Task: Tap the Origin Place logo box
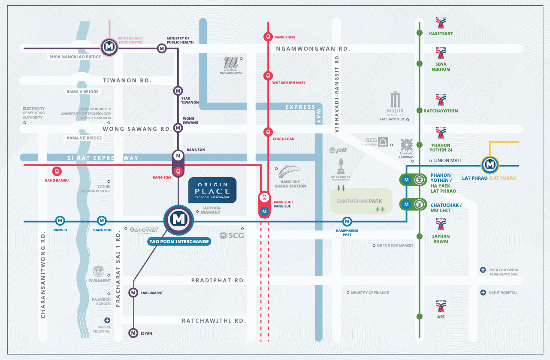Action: pos(212,190)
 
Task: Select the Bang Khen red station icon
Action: pos(268,37)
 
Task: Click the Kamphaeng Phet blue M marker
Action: pos(347,221)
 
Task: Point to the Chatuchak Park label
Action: pos(359,201)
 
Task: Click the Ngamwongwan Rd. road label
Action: pos(313,49)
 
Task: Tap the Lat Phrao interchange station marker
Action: pos(489,164)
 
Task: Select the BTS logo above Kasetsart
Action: pos(441,23)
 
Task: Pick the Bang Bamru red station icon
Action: pos(57,172)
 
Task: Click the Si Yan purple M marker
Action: pos(133,333)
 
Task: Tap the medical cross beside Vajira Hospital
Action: pos(107,320)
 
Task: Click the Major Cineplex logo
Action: pos(395,103)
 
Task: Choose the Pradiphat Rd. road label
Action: pos(218,280)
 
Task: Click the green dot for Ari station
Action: pos(419,317)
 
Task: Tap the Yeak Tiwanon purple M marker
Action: pos(178,91)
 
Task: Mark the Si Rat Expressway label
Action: pos(103,158)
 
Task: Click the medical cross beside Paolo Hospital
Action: pos(483,270)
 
